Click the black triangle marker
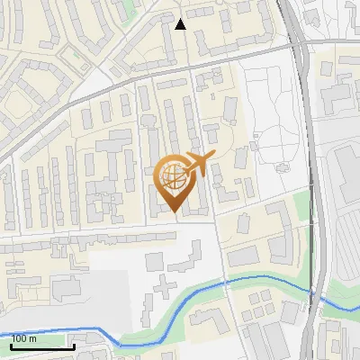coord(180,24)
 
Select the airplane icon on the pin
coord(198,163)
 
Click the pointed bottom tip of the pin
coord(175,212)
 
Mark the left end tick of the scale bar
coord(11,344)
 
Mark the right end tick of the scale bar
coord(74,344)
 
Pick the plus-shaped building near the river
coord(162,291)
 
